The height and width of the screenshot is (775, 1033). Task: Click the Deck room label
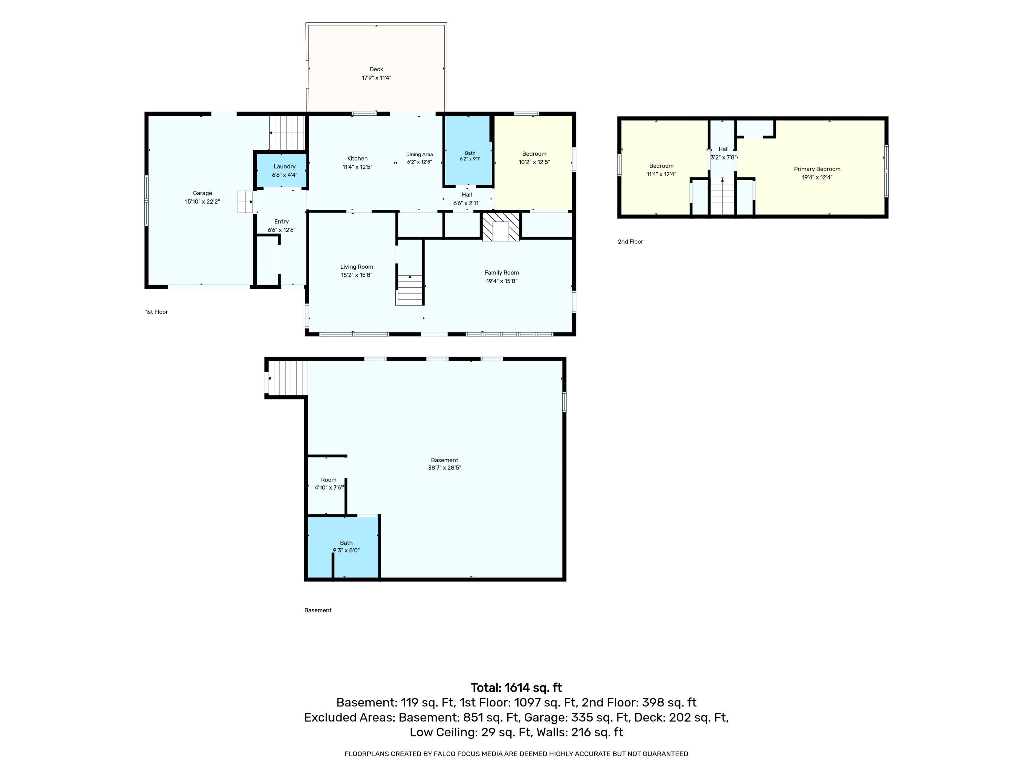376,70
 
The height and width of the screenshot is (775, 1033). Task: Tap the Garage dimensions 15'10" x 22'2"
203,202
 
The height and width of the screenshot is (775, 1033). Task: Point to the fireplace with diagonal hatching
501,227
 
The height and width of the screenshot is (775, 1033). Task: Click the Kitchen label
357,158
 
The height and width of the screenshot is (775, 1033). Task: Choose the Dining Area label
419,155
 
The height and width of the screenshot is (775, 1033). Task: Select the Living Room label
357,267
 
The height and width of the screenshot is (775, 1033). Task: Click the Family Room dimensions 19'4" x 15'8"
502,281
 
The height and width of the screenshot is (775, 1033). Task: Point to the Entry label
282,222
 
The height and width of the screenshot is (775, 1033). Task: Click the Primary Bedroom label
817,169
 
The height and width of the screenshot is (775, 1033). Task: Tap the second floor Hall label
723,149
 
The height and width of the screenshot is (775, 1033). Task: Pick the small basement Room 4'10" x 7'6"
326,485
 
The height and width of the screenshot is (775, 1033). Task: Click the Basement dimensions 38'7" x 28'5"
445,468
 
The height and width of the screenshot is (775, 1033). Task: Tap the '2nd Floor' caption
630,241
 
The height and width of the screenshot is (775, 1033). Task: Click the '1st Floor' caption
156,312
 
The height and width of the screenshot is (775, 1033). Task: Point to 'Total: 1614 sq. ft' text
516,688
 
